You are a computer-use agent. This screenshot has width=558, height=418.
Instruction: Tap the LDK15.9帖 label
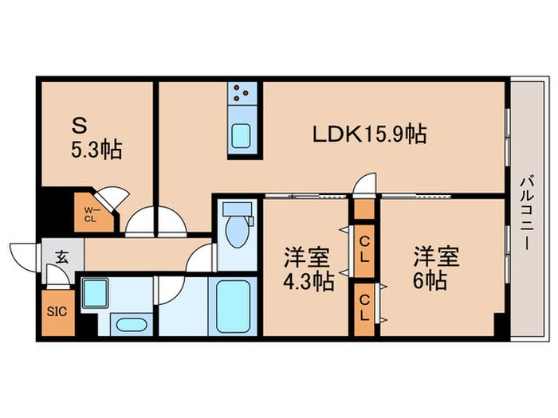tap(367, 135)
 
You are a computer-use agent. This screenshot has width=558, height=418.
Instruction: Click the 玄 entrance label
tap(61, 256)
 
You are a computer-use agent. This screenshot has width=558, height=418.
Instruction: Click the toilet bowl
tap(236, 228)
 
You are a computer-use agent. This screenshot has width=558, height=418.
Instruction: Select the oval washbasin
tap(127, 324)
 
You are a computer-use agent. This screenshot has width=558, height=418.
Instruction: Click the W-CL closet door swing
tap(109, 199)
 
